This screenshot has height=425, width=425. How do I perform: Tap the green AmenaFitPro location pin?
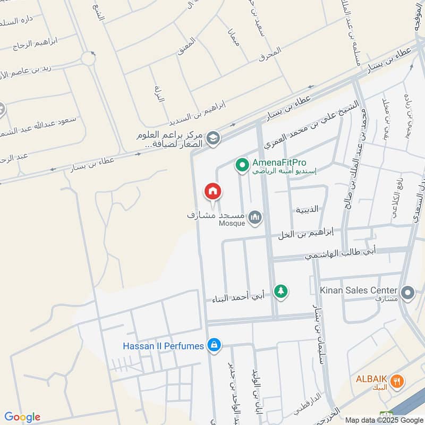tap(242, 166)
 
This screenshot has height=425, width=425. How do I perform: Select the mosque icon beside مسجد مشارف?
tap(256, 217)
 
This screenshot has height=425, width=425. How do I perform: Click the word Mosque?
tap(232, 224)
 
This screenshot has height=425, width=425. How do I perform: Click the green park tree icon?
tap(281, 291)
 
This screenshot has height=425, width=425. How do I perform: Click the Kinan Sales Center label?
tap(359, 290)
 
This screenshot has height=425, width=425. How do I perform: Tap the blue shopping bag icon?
tap(214, 345)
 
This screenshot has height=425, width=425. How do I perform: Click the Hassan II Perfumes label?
tap(164, 346)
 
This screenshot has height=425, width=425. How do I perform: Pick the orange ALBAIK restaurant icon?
tap(396, 381)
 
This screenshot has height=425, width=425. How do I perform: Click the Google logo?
tap(22, 417)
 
